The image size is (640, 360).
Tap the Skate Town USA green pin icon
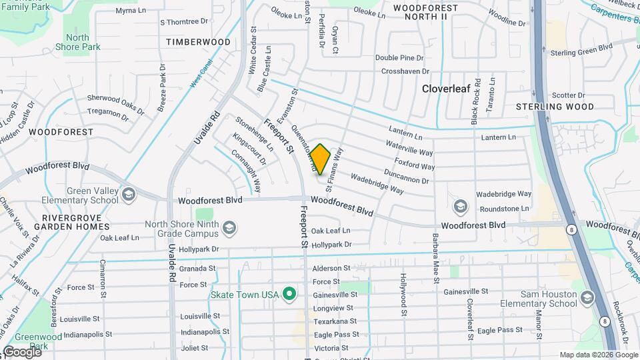point(289,293)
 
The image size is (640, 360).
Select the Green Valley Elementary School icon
point(129,194)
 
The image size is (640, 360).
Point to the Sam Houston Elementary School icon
point(588,297)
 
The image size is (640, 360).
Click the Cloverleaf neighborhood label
point(448,88)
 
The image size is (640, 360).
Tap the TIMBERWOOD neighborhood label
point(198,42)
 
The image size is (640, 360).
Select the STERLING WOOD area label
point(555,107)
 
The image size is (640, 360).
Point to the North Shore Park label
point(78,42)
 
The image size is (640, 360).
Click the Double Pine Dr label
point(399,58)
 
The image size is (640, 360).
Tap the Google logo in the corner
point(22,351)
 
